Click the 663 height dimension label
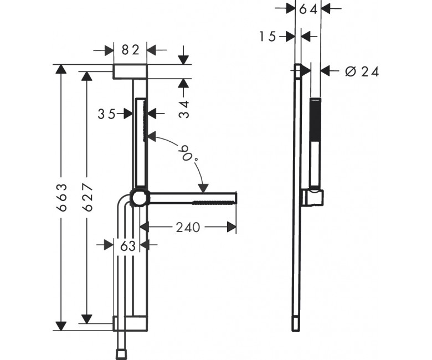61,198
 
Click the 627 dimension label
88,197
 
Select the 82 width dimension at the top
130,50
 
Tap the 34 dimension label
184,109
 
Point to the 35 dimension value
107,114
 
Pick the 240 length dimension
188,228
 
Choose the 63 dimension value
128,246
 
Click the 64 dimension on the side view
308,9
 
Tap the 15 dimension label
268,37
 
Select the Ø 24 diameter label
362,71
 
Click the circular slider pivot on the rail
140,198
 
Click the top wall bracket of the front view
130,71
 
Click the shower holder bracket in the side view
313,197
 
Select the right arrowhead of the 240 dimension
232,227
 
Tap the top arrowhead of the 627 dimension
87,76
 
